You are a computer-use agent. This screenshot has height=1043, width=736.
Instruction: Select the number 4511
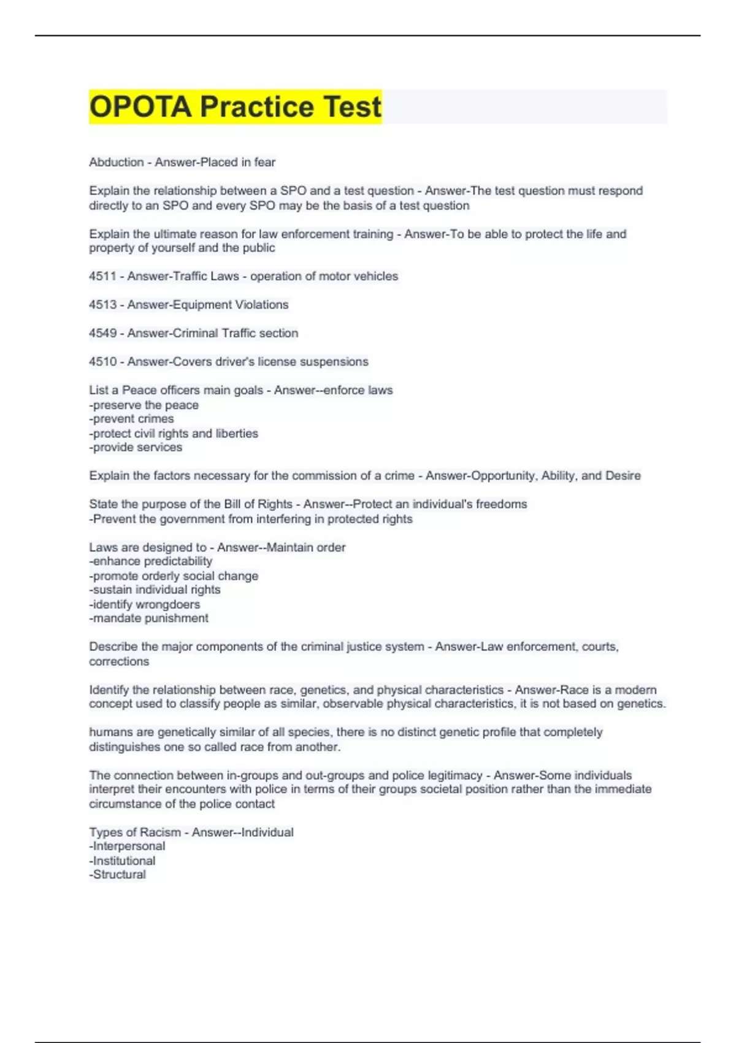(102, 277)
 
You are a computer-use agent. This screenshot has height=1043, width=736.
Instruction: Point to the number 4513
(102, 305)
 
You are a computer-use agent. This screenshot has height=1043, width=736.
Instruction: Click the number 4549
(102, 333)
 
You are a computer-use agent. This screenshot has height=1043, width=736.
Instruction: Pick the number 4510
(102, 362)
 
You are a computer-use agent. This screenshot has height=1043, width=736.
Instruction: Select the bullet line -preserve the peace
(144, 406)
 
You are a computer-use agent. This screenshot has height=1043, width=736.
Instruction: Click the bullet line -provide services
(136, 448)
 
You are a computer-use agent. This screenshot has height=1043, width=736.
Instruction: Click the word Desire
(623, 476)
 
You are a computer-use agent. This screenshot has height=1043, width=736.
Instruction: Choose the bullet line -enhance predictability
(151, 561)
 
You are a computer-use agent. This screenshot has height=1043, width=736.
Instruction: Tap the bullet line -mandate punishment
(149, 618)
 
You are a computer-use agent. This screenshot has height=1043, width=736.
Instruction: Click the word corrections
(119, 662)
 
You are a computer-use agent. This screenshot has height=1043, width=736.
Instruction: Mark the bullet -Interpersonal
(128, 847)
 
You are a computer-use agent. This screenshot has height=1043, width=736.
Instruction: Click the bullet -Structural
(118, 875)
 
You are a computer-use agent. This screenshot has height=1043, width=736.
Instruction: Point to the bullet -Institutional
(123, 861)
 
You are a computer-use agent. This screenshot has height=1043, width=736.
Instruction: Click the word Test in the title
(353, 107)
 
